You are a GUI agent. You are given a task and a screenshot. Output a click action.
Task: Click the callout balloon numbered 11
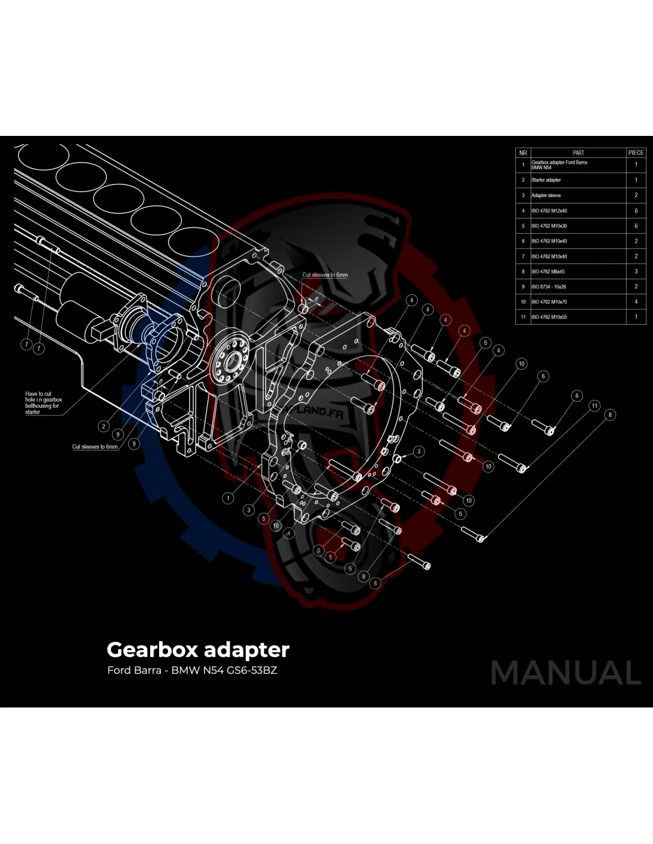coord(594,406)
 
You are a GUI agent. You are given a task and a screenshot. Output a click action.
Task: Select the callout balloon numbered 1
coord(229,498)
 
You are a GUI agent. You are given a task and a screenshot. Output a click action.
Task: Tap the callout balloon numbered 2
coord(104,426)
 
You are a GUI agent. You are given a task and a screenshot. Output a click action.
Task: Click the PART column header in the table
coord(578,153)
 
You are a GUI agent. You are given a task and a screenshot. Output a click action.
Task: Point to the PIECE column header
coord(636,153)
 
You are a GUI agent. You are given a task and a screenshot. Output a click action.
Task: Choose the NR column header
coord(523,153)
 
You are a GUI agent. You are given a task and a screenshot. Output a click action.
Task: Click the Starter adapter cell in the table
coord(546,180)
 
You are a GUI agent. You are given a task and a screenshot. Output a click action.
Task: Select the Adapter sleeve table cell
coord(546,195)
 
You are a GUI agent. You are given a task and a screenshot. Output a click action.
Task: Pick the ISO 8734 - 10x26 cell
coord(549,287)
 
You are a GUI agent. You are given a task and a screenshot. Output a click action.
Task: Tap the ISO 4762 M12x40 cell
coord(549,211)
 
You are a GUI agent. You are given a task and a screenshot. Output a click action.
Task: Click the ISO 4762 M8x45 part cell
coord(548,272)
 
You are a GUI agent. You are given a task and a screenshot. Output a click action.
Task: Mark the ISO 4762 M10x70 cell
coord(549,302)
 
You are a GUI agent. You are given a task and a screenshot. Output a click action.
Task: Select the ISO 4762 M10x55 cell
coord(549,317)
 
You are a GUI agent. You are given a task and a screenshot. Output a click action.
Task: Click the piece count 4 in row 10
coord(636,302)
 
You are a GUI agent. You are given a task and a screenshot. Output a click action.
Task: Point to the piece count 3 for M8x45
coord(636,272)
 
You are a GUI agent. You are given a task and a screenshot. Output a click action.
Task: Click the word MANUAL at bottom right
coord(566,673)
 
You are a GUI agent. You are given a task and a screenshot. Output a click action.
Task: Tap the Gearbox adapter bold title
coord(198,649)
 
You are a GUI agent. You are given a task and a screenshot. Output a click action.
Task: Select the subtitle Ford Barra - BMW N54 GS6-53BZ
coord(192,671)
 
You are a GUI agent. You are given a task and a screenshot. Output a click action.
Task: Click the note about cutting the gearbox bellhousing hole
coord(43,402)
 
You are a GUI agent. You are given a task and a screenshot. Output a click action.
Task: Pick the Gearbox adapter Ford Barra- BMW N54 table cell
coord(560,164)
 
